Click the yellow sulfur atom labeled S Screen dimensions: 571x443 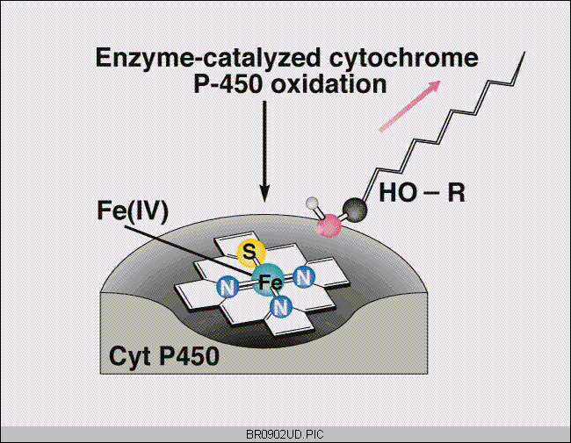coord(250,252)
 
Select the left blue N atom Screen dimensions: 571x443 coord(228,287)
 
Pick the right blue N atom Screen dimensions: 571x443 coord(304,277)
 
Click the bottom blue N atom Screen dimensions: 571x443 coord(281,307)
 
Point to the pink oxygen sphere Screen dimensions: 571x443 coord(329,225)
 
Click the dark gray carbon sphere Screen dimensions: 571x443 coord(355,210)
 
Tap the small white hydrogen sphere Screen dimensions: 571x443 coord(312,204)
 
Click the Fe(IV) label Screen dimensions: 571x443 coord(133,211)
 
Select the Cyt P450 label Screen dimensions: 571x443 coord(164,355)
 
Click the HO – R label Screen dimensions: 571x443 coord(422,192)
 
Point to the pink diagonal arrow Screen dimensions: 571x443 coord(409,106)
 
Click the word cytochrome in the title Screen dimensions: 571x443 coord(404,58)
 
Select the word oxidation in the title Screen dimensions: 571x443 coord(329,84)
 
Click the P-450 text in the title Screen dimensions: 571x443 coord(228,84)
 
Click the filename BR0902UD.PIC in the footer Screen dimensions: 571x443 coord(285,434)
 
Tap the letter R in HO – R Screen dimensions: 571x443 coord(457,192)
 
